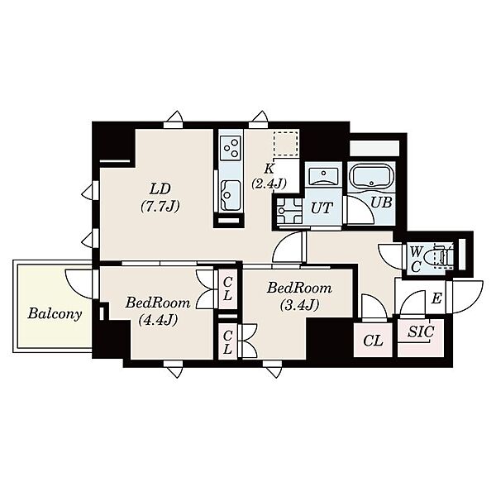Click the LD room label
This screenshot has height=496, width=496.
coord(160,189)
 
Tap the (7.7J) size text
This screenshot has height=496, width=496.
coord(160,206)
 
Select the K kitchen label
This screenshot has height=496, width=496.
coord(269,169)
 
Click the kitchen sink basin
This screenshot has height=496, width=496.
coord(231,192)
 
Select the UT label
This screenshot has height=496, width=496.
coord(322,208)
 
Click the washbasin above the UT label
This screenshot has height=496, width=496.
coord(323,176)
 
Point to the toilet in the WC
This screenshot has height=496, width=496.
coord(441,255)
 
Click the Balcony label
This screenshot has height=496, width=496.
coord(55,314)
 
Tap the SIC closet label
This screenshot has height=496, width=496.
coord(421,331)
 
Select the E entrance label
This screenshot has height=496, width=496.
coord(436,298)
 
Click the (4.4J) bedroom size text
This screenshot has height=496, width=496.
coord(158,320)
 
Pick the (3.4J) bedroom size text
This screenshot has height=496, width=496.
coord(299,305)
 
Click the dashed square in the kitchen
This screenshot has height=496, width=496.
coord(286,143)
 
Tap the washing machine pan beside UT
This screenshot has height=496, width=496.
coord(289,211)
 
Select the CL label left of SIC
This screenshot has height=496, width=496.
coord(374,341)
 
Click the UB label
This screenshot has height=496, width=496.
coord(381,203)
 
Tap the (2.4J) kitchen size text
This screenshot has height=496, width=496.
coord(269,184)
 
